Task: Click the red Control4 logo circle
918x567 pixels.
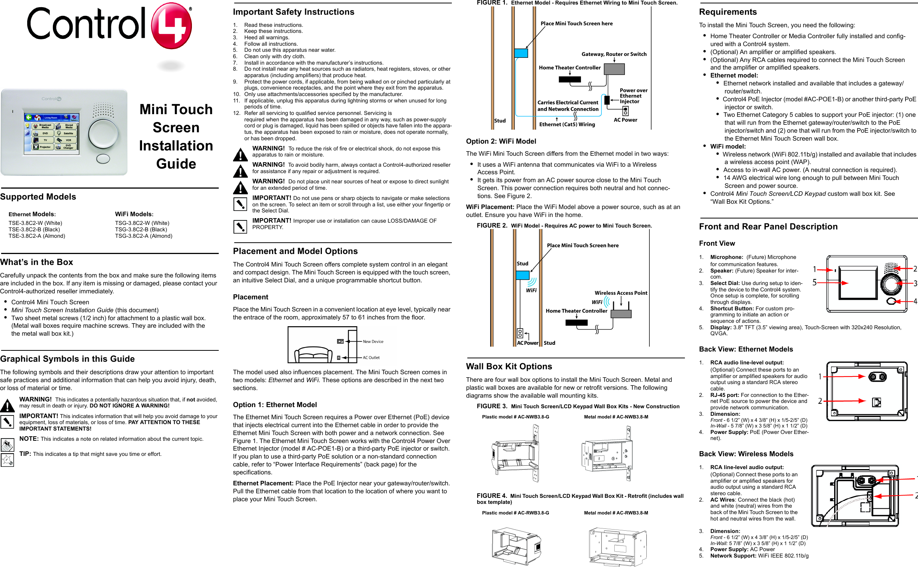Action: (171, 26)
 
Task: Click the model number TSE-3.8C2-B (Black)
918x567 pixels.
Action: (34, 229)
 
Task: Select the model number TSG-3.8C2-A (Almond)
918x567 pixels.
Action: (144, 236)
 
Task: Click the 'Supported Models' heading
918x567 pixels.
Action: (38, 197)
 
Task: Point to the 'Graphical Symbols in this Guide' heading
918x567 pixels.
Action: (67, 359)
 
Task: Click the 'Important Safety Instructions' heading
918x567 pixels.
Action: (294, 12)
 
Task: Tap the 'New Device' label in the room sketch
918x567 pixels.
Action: (373, 342)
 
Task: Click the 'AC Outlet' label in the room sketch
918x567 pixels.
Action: (371, 358)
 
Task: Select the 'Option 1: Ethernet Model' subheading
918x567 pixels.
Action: (275, 405)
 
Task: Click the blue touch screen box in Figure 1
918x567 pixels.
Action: (521, 53)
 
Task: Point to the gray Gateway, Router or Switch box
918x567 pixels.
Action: (614, 69)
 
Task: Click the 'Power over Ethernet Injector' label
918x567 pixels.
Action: (633, 96)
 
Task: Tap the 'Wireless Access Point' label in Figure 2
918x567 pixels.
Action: (621, 293)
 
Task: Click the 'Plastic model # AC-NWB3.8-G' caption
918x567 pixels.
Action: (515, 417)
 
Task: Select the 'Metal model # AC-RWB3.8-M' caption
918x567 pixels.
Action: (616, 513)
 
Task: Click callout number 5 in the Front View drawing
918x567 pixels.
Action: (814, 282)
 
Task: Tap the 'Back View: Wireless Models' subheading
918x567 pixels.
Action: (746, 454)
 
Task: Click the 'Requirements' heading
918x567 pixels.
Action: (728, 12)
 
